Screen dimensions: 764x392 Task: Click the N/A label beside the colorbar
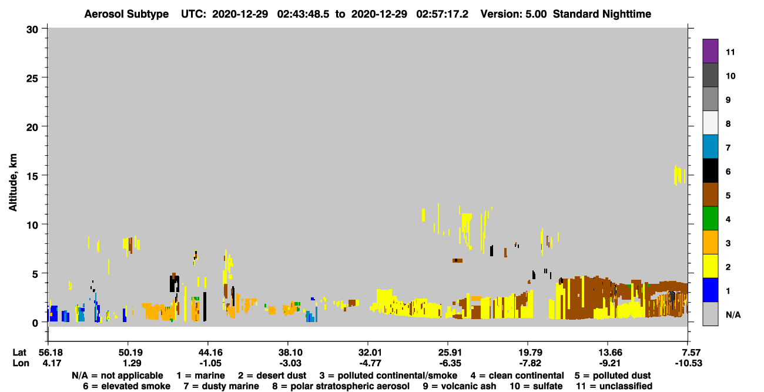733,314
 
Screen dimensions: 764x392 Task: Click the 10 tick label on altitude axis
32,225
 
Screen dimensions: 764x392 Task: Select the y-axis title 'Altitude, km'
12,183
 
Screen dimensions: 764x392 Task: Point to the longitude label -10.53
688,363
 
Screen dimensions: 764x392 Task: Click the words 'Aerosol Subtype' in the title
126,14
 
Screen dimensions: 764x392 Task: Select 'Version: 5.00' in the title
513,14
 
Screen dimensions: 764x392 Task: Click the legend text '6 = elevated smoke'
126,386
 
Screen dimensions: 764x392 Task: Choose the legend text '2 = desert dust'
272,376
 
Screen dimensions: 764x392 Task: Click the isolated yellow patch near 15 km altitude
679,175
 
